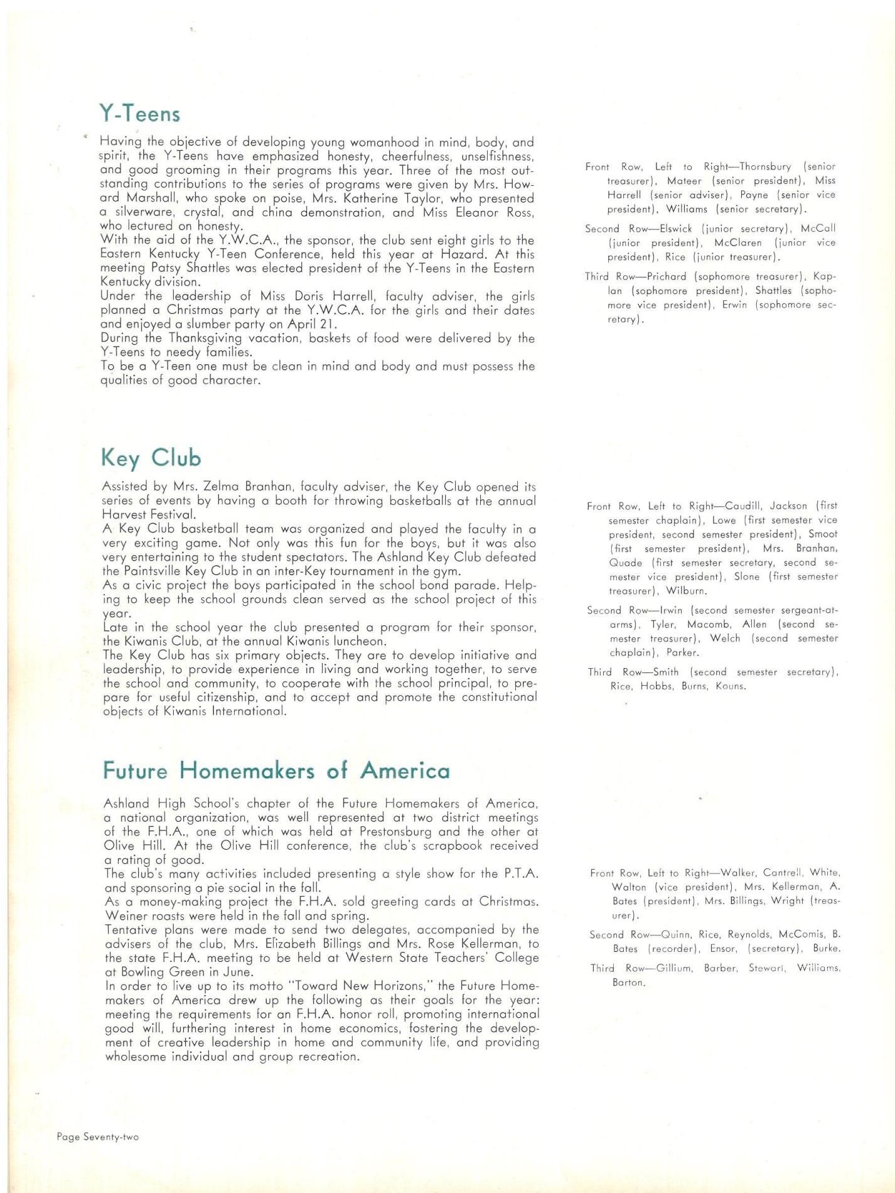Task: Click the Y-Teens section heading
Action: [139, 114]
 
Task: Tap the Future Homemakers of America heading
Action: [276, 770]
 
